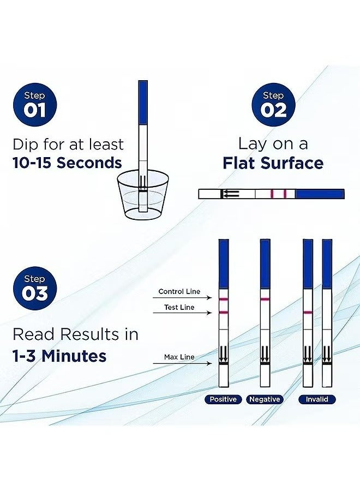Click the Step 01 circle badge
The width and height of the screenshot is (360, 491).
pyautogui.click(x=34, y=104)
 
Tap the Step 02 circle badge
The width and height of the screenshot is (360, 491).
pyautogui.click(x=273, y=104)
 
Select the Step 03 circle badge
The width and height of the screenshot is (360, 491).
pyautogui.click(x=34, y=287)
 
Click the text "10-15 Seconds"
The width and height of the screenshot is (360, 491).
pyautogui.click(x=67, y=163)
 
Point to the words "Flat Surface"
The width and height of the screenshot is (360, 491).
pyautogui.click(x=273, y=163)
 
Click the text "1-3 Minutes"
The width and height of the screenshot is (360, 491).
pyautogui.click(x=59, y=356)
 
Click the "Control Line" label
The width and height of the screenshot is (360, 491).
pyautogui.click(x=179, y=292)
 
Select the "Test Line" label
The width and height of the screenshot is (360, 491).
pyautogui.click(x=179, y=308)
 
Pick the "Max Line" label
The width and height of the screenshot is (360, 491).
pyautogui.click(x=179, y=357)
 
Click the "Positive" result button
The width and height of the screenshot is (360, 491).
pyautogui.click(x=224, y=399)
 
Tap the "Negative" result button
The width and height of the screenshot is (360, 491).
pyautogui.click(x=265, y=399)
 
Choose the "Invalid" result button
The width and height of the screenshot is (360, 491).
pyautogui.click(x=317, y=399)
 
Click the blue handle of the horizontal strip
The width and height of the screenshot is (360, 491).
pyautogui.click(x=320, y=194)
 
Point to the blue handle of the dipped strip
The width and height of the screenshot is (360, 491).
pyautogui.click(x=143, y=101)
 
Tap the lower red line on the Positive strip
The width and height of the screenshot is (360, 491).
pyautogui.click(x=224, y=312)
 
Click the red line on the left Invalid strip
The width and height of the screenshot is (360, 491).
pyautogui.click(x=308, y=312)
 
